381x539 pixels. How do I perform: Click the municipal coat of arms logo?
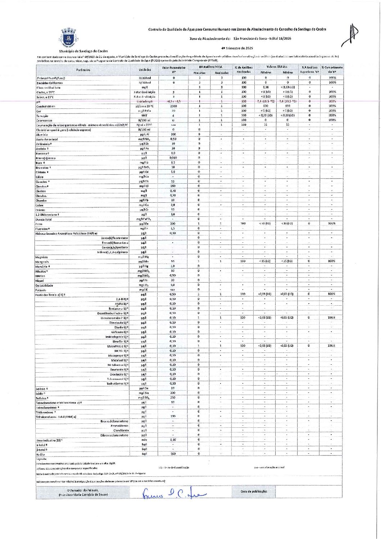pyautogui.click(x=68, y=38)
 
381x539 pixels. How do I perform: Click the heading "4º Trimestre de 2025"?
pyautogui.click(x=237, y=48)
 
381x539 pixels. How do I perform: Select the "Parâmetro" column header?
pyautogui.click(x=83, y=70)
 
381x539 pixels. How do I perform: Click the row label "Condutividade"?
pyautogui.click(x=45, y=106)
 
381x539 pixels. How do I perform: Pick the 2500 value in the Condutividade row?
pyautogui.click(x=173, y=106)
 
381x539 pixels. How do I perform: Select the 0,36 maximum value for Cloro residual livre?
pyautogui.click(x=266, y=87)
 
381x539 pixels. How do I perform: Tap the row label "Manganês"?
pyautogui.click(x=42, y=262)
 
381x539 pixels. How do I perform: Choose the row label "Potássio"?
pyautogui.click(x=41, y=290)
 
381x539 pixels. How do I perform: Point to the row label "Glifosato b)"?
pyautogui.click(x=119, y=332)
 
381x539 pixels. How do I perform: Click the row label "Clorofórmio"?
pyautogui.click(x=121, y=430)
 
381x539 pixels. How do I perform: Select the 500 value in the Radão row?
pyautogui.click(x=173, y=454)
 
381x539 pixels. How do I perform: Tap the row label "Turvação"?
pyautogui.click(x=42, y=116)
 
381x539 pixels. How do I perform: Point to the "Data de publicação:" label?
pyautogui.click(x=254, y=491)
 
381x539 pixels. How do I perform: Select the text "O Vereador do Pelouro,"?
pyautogui.click(x=83, y=490)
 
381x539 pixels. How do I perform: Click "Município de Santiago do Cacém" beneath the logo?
pyautogui.click(x=83, y=51)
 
